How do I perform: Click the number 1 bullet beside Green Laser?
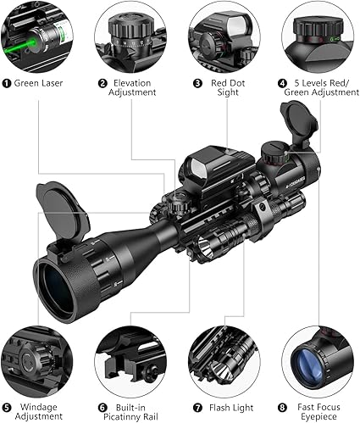(6, 83)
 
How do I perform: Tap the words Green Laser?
(38, 83)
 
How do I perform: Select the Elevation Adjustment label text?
(132, 87)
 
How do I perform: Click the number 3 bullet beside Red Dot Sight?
(197, 83)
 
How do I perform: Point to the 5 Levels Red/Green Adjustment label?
(322, 87)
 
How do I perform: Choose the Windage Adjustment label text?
(39, 411)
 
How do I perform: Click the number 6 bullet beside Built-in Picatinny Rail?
(102, 408)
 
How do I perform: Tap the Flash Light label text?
(231, 408)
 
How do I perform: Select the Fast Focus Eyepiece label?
(318, 411)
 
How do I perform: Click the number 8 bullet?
(282, 408)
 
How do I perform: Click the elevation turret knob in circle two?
(130, 29)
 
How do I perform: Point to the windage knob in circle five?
(33, 359)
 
